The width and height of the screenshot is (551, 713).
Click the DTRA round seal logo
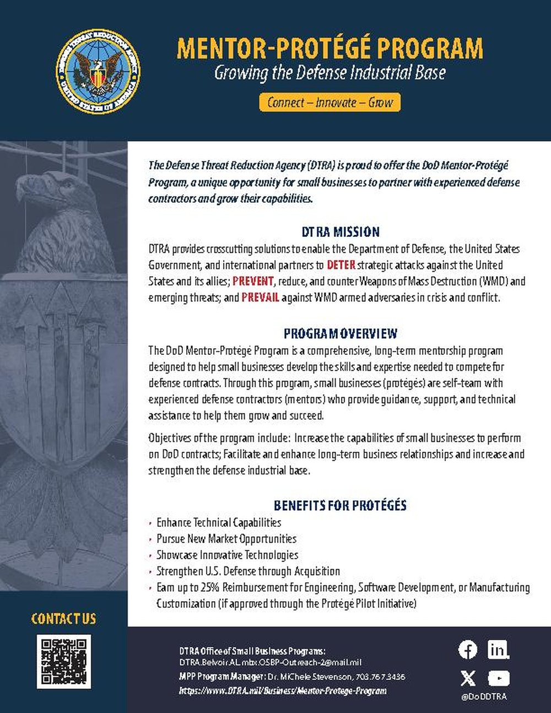(98, 72)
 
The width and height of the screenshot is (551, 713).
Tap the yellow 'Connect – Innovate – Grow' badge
(329, 102)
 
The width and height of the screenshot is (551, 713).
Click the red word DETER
(341, 265)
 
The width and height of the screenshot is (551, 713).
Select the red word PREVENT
(253, 281)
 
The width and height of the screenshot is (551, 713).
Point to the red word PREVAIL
(260, 298)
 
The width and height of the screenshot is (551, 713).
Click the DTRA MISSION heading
(341, 232)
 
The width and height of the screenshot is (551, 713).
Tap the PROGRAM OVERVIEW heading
(340, 333)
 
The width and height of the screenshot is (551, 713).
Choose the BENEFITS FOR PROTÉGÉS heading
(340, 505)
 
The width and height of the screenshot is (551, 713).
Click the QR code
(64, 661)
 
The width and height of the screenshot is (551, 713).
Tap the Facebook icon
(468, 650)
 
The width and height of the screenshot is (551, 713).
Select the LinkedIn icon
(498, 650)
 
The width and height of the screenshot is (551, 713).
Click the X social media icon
(468, 678)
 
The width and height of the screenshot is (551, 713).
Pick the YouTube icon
(498, 678)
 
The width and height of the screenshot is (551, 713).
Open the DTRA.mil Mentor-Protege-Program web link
(283, 690)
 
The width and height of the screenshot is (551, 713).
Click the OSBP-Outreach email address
(270, 662)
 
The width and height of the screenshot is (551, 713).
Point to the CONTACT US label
(63, 619)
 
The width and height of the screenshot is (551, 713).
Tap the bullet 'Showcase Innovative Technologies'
(227, 555)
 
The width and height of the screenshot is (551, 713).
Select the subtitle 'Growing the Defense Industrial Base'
(329, 73)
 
